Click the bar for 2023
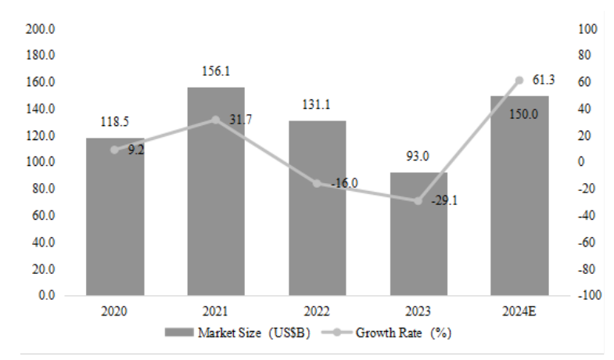(418, 235)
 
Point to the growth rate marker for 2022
(317, 183)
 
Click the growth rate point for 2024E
(519, 80)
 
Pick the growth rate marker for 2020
(114, 149)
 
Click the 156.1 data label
(215, 70)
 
